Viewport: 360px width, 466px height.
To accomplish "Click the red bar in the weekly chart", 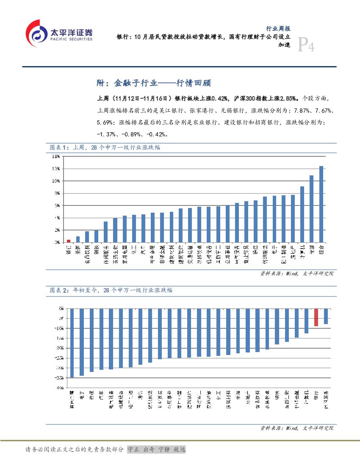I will (69, 241).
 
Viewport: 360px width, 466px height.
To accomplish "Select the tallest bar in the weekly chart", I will (321, 204).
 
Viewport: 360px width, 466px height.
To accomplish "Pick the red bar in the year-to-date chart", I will (316, 317).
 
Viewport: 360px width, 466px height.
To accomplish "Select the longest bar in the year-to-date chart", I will (72, 342).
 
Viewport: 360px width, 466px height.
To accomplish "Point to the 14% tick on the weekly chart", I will (56, 156).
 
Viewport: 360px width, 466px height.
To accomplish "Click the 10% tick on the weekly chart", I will (56, 181).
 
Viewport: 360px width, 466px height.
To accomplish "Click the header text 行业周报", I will (278, 29).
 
